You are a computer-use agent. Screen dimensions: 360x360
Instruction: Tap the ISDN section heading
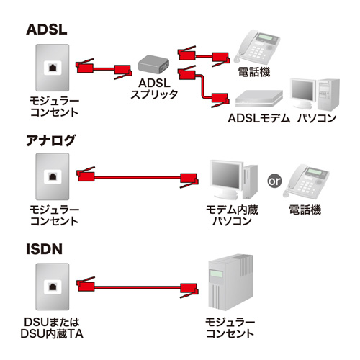click(x=45, y=250)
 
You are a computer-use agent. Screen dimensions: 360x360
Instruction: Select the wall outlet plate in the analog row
click(x=54, y=177)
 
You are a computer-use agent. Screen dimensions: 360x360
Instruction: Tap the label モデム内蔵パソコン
click(x=231, y=215)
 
